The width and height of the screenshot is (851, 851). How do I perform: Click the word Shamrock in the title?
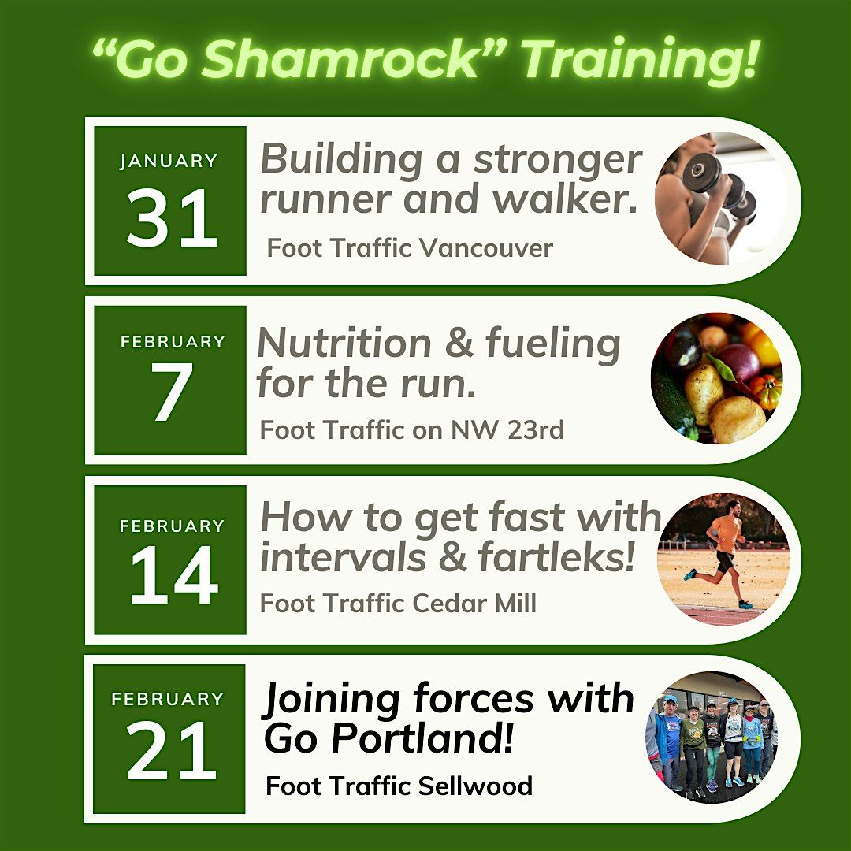pos(341,58)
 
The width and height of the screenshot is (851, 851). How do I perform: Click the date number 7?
pos(171,392)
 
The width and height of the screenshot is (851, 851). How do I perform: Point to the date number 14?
pos(173,574)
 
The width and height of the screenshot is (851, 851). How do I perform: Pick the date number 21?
pos(172,751)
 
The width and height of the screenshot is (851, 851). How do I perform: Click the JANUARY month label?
pos(169,162)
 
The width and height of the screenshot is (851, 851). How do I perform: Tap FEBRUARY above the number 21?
pos(168,698)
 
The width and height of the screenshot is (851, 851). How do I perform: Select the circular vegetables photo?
pos(716,378)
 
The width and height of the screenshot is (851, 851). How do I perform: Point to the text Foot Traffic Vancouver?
pos(410,248)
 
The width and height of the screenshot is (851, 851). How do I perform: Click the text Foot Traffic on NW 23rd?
pos(412,430)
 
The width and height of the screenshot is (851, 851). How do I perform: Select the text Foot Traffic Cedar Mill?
pos(399,603)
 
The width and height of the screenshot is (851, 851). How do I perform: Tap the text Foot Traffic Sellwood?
pos(399,786)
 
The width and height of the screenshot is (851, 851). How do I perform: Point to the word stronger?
pos(558,162)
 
